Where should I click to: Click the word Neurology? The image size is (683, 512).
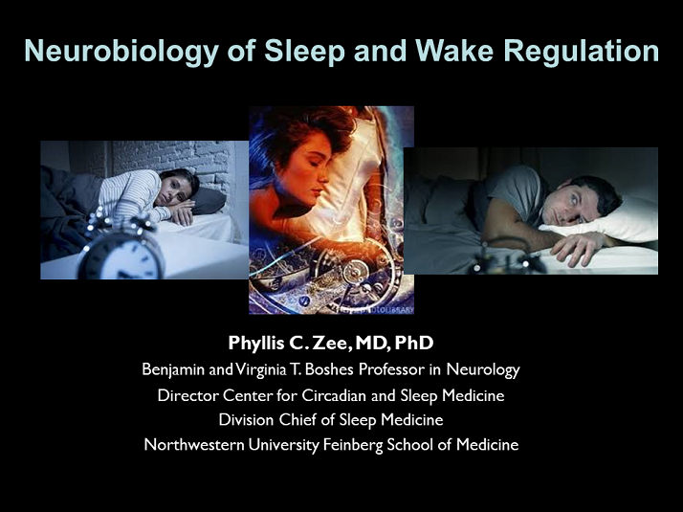(x=483, y=369)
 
